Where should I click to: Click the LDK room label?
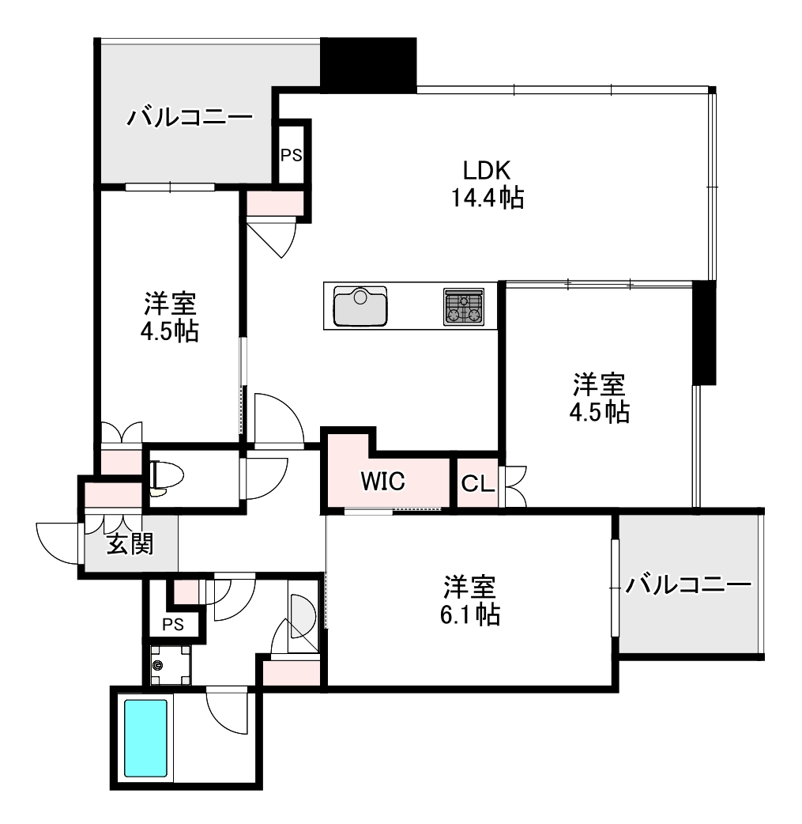(487, 170)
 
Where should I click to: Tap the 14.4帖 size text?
(488, 198)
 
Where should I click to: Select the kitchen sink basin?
(360, 306)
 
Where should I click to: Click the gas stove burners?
(464, 306)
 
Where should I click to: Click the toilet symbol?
(166, 478)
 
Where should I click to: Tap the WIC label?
(383, 481)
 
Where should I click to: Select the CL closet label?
(478, 484)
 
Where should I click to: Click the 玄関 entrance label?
(130, 544)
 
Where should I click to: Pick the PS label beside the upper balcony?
(291, 155)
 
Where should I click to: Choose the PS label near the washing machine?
(173, 624)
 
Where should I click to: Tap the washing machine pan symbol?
(170, 665)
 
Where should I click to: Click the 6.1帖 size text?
(470, 614)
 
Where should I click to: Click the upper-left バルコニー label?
(190, 117)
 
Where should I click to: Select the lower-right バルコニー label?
(688, 584)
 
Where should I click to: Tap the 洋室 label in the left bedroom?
(170, 303)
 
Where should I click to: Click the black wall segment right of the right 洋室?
(704, 333)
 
